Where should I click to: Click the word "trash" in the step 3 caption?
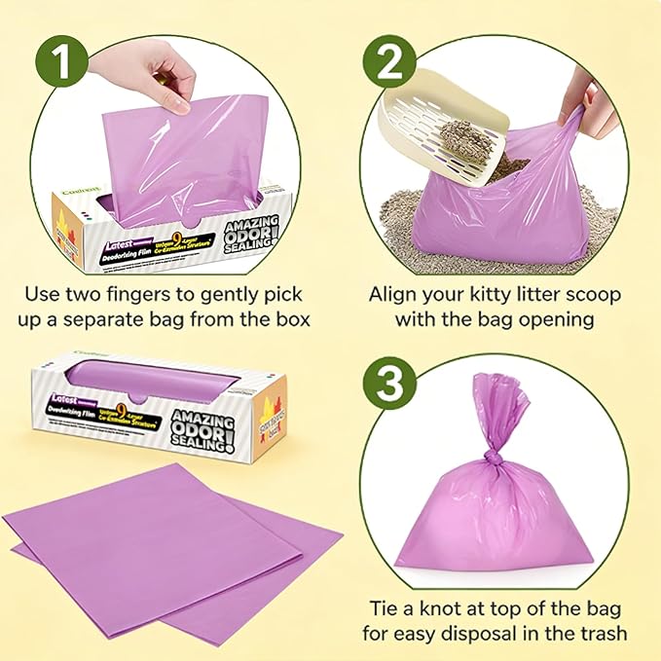[x=602, y=635]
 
